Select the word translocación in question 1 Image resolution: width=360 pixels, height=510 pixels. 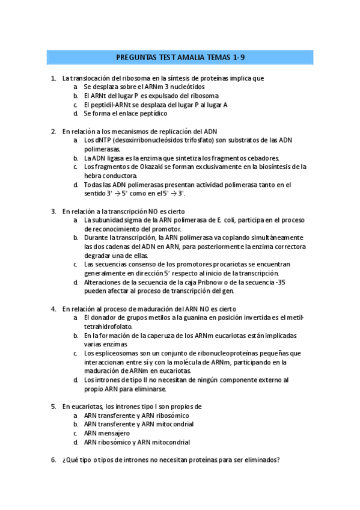click(x=92, y=78)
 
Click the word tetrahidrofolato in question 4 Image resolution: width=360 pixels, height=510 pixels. click(x=111, y=327)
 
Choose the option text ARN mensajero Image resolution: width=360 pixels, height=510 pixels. click(x=107, y=433)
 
